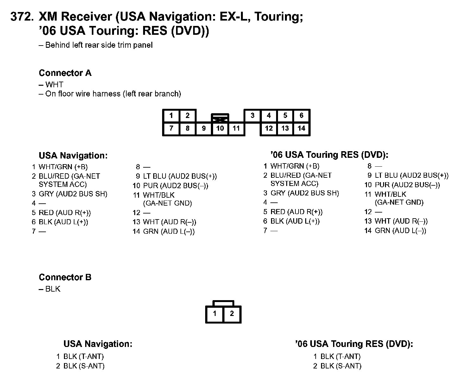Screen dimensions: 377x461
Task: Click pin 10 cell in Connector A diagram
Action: point(220,128)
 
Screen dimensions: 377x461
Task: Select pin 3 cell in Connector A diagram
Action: point(252,115)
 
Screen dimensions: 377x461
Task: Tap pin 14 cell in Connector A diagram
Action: point(301,128)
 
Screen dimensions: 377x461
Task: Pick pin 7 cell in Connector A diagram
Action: point(171,128)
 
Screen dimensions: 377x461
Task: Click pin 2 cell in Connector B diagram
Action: point(232,314)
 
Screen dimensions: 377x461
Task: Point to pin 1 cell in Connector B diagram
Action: point(215,314)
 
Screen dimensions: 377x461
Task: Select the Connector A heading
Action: point(65,73)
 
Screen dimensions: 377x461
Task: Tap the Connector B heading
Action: point(65,277)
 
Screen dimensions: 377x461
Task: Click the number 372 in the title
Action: point(22,17)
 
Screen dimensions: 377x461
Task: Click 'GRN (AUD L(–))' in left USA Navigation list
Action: point(169,232)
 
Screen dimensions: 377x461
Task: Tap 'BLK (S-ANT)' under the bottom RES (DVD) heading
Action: point(341,366)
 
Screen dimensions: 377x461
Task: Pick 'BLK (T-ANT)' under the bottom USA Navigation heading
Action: point(84,357)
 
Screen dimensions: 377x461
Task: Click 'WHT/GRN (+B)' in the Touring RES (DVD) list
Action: point(295,166)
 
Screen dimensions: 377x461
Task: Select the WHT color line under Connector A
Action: point(54,85)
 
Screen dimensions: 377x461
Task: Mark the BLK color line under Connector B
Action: point(53,289)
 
